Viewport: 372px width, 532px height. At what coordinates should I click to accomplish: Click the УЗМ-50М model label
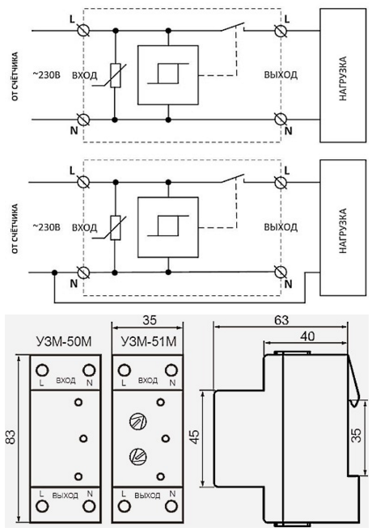63,341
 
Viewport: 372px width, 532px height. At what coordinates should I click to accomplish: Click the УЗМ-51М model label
149,341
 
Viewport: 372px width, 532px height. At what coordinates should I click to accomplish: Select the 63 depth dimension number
280,320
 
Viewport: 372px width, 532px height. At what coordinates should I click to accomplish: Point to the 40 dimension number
306,336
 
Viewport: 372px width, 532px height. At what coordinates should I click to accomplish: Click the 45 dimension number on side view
194,438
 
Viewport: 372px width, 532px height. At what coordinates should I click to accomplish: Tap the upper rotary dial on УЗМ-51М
137,422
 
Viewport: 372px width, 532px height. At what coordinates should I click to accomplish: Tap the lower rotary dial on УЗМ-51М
137,455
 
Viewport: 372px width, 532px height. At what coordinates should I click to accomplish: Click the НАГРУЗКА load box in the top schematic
343,75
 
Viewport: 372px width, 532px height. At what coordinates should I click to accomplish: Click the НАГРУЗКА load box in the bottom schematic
343,228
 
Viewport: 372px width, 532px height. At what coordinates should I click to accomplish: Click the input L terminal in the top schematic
82,31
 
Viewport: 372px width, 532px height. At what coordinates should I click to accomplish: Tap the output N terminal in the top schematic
281,120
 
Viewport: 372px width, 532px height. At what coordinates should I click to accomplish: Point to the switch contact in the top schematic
233,27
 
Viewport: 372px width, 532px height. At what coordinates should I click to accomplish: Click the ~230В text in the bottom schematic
47,226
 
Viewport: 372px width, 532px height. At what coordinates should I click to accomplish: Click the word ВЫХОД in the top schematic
281,74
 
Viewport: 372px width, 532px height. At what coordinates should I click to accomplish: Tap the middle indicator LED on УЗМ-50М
83,438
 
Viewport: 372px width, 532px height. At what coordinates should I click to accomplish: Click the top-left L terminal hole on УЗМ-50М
42,370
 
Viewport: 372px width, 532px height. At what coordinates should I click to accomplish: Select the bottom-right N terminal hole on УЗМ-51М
171,507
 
